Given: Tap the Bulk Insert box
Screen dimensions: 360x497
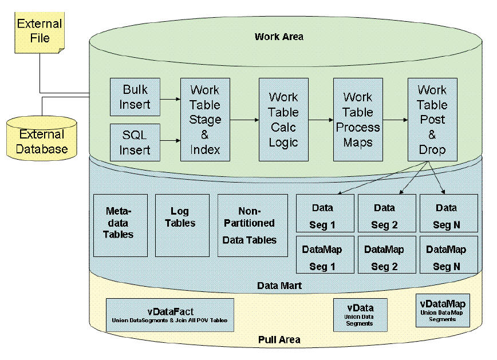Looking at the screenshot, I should click(x=135, y=97).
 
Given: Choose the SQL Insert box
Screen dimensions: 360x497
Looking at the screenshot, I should click(x=135, y=143).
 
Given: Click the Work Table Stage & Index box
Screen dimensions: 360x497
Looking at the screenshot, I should click(x=205, y=120).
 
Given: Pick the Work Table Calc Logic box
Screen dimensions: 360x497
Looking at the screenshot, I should click(x=283, y=120).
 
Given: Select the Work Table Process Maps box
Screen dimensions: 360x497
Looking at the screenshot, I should click(x=358, y=120).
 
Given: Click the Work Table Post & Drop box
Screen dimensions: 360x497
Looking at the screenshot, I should click(x=432, y=120).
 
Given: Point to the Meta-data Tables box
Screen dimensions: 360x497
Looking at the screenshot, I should click(x=120, y=225).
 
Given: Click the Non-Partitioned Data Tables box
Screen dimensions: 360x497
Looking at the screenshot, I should click(x=253, y=225).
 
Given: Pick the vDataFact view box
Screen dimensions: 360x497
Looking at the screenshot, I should click(x=169, y=315).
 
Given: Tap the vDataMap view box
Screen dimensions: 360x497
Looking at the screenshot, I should click(x=443, y=310).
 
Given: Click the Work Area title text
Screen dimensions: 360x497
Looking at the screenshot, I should click(x=279, y=37).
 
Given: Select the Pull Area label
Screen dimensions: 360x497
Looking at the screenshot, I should click(x=279, y=340).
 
